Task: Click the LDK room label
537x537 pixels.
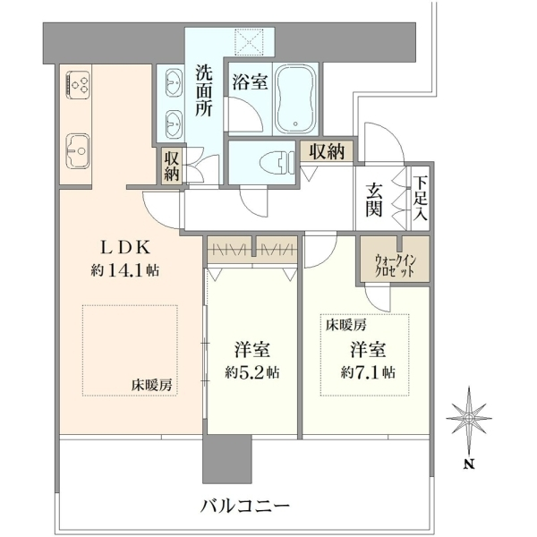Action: pyautogui.click(x=124, y=248)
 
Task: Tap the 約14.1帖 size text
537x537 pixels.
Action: pyautogui.click(x=124, y=271)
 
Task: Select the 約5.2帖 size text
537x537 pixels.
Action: pyautogui.click(x=252, y=372)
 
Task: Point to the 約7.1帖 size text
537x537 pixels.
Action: pyautogui.click(x=368, y=372)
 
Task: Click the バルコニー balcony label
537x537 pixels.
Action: pyautogui.click(x=245, y=506)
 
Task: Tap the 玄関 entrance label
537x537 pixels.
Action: pyautogui.click(x=373, y=200)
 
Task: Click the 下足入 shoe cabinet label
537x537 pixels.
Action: pyautogui.click(x=420, y=198)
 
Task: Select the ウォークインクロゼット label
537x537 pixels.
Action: pyautogui.click(x=396, y=266)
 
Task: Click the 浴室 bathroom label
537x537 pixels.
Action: pyautogui.click(x=250, y=81)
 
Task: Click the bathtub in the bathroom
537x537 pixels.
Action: pyautogui.click(x=296, y=98)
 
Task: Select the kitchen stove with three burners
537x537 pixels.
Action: pyautogui.click(x=78, y=84)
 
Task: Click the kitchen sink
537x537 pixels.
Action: pyautogui.click(x=78, y=150)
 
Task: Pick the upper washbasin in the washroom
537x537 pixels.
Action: pyautogui.click(x=174, y=82)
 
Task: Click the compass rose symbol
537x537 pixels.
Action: pyautogui.click(x=469, y=418)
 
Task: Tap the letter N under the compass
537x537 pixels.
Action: pyautogui.click(x=469, y=465)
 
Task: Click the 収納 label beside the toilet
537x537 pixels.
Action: pyautogui.click(x=327, y=151)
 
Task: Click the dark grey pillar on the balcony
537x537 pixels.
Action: pyautogui.click(x=227, y=459)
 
